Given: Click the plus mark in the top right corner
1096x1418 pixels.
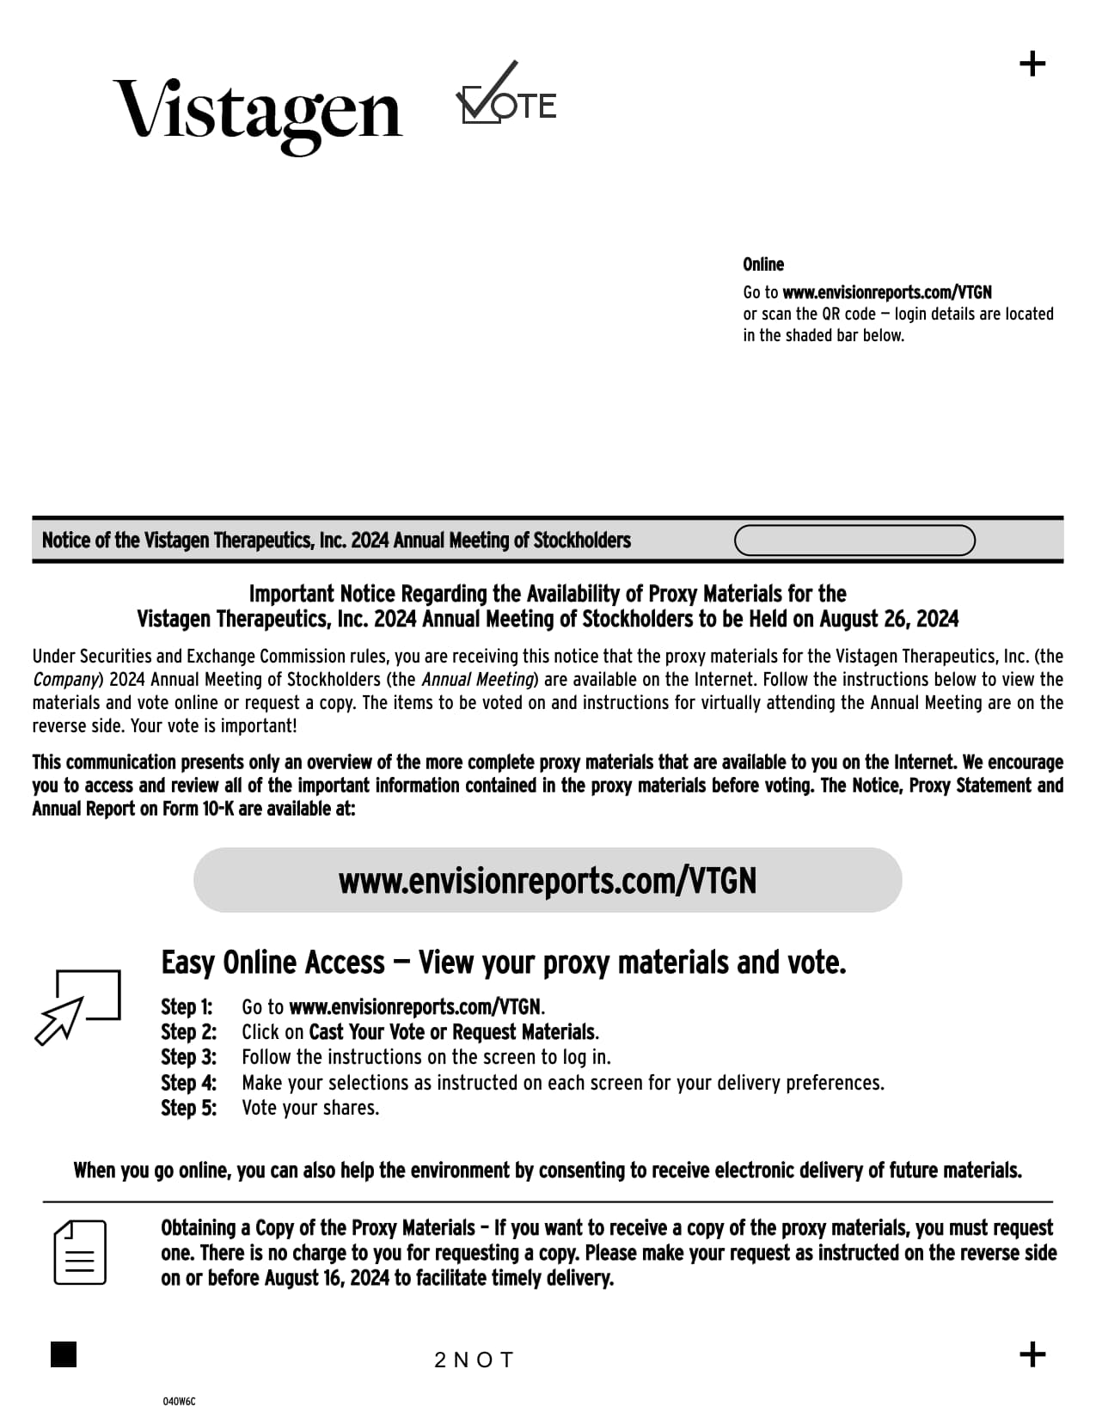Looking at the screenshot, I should (x=1032, y=64).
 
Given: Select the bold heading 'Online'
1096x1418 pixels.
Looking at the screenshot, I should (x=763, y=265).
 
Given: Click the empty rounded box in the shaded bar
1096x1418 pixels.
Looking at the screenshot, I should (x=854, y=541).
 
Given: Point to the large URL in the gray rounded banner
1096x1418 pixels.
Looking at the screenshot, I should (x=548, y=881).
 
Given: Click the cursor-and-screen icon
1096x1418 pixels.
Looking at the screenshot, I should (x=77, y=1006).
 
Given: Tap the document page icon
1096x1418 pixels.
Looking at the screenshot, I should (x=80, y=1252).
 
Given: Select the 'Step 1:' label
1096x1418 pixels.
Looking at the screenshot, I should (x=187, y=1007).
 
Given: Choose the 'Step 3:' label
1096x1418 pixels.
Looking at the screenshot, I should (x=188, y=1057).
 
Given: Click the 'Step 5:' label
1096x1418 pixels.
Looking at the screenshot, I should (x=188, y=1108).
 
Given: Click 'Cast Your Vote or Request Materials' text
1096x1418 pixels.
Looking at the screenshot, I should (x=451, y=1032).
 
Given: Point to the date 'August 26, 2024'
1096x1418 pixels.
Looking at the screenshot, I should (x=889, y=620).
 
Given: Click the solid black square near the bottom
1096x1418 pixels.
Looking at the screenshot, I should (x=64, y=1354).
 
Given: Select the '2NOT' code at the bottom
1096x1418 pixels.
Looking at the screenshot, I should (x=474, y=1360).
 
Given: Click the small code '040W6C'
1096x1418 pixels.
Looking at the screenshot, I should (x=179, y=1402).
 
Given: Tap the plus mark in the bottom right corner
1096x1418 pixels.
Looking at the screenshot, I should (x=1032, y=1354).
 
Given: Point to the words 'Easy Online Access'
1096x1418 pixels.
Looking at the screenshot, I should (x=273, y=963).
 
